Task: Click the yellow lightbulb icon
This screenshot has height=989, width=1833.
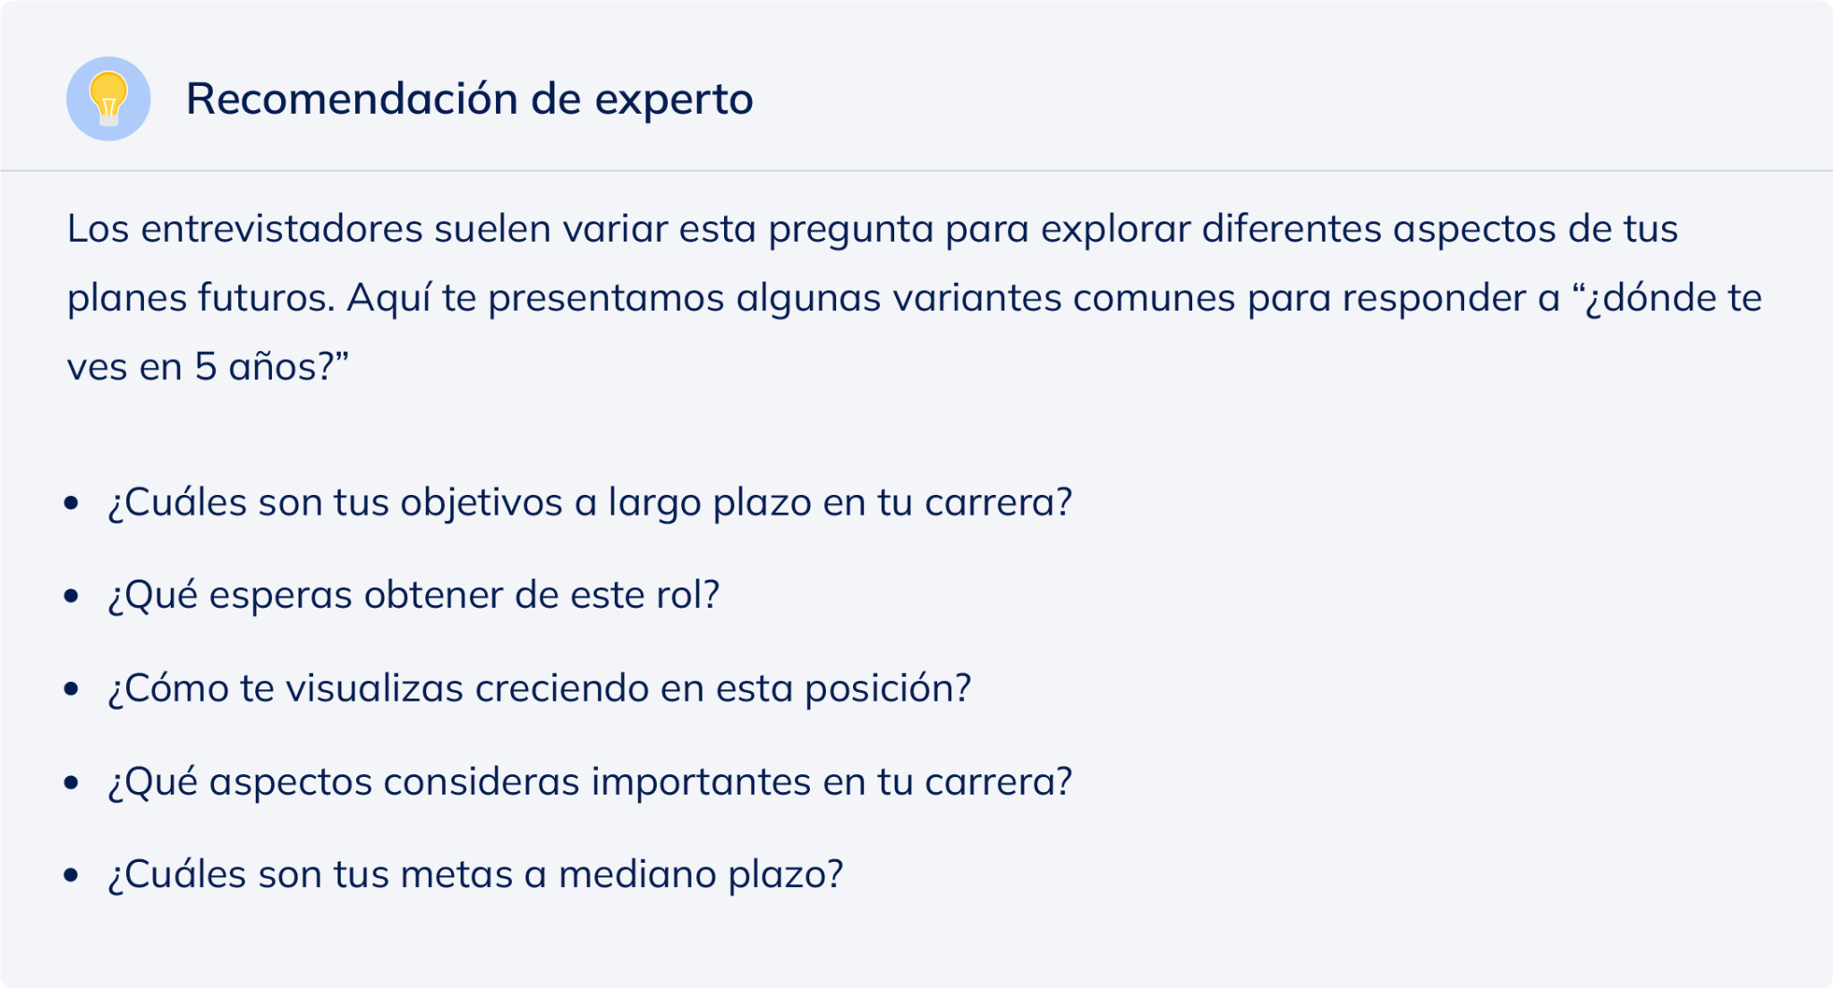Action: (108, 98)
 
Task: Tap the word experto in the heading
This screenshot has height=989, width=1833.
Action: (674, 98)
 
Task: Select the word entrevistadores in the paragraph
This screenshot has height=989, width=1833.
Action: (282, 229)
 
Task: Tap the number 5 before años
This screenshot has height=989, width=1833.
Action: (205, 367)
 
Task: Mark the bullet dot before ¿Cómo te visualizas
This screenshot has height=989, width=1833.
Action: (72, 688)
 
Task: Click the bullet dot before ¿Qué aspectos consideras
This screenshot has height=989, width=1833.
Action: (72, 782)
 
